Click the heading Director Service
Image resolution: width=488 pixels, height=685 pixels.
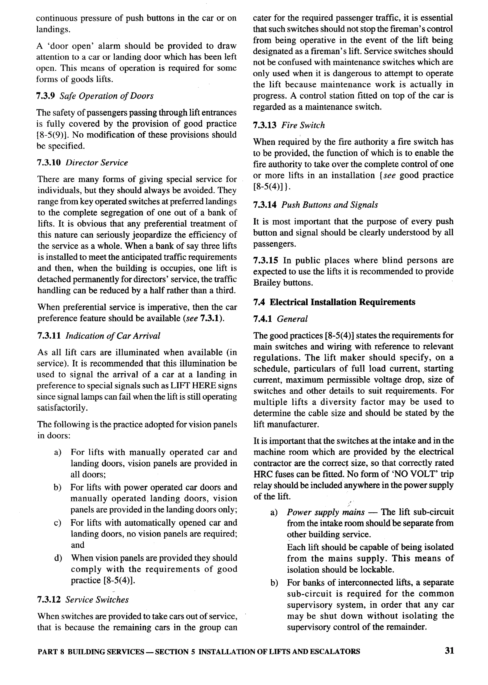point(97,163)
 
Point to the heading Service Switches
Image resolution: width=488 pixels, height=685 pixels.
point(97,600)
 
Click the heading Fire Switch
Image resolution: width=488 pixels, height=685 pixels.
point(303,125)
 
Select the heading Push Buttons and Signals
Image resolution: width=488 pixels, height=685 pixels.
point(329,205)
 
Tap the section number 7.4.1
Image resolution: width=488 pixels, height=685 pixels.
point(263,319)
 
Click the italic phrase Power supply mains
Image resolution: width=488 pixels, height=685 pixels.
point(325,512)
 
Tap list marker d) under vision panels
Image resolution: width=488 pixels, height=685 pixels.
point(58,558)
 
